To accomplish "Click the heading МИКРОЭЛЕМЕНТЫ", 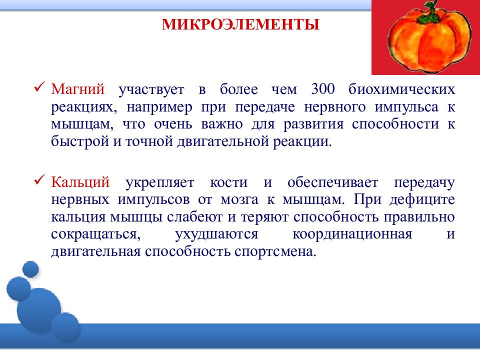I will coord(240,24).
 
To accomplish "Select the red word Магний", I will coord(78,89).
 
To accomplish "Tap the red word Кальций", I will coord(80,182).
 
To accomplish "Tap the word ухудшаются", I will coord(216,234).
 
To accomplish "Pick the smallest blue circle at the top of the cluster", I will coord(30,269).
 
